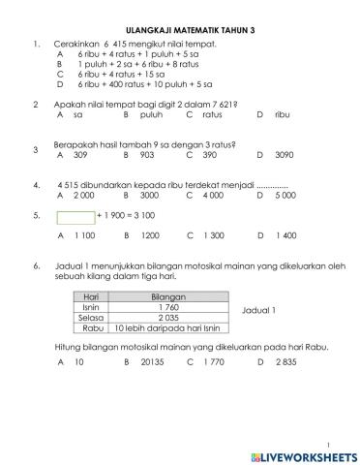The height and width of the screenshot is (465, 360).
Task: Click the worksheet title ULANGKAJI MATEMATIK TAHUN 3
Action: pos(181,31)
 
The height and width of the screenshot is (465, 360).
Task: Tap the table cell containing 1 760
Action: pos(169,307)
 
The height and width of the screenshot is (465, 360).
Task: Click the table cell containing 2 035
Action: pos(169,318)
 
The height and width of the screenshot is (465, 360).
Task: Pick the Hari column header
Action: pos(93,296)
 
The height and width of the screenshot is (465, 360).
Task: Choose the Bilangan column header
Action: pos(169,296)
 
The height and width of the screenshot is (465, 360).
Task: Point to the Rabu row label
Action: pos(93,328)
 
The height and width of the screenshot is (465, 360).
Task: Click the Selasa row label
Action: pos(93,318)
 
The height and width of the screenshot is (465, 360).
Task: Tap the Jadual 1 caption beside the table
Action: pos(258,310)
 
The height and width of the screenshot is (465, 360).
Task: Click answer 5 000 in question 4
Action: pos(285,195)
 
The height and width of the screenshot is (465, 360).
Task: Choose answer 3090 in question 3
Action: pos(284,154)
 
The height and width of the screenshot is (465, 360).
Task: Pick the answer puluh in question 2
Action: pos(150,113)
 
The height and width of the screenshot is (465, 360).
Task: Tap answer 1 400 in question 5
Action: pos(285,235)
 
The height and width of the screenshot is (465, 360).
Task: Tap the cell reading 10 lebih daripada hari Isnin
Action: pos(169,328)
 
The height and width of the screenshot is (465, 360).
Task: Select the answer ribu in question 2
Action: pos(283,113)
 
